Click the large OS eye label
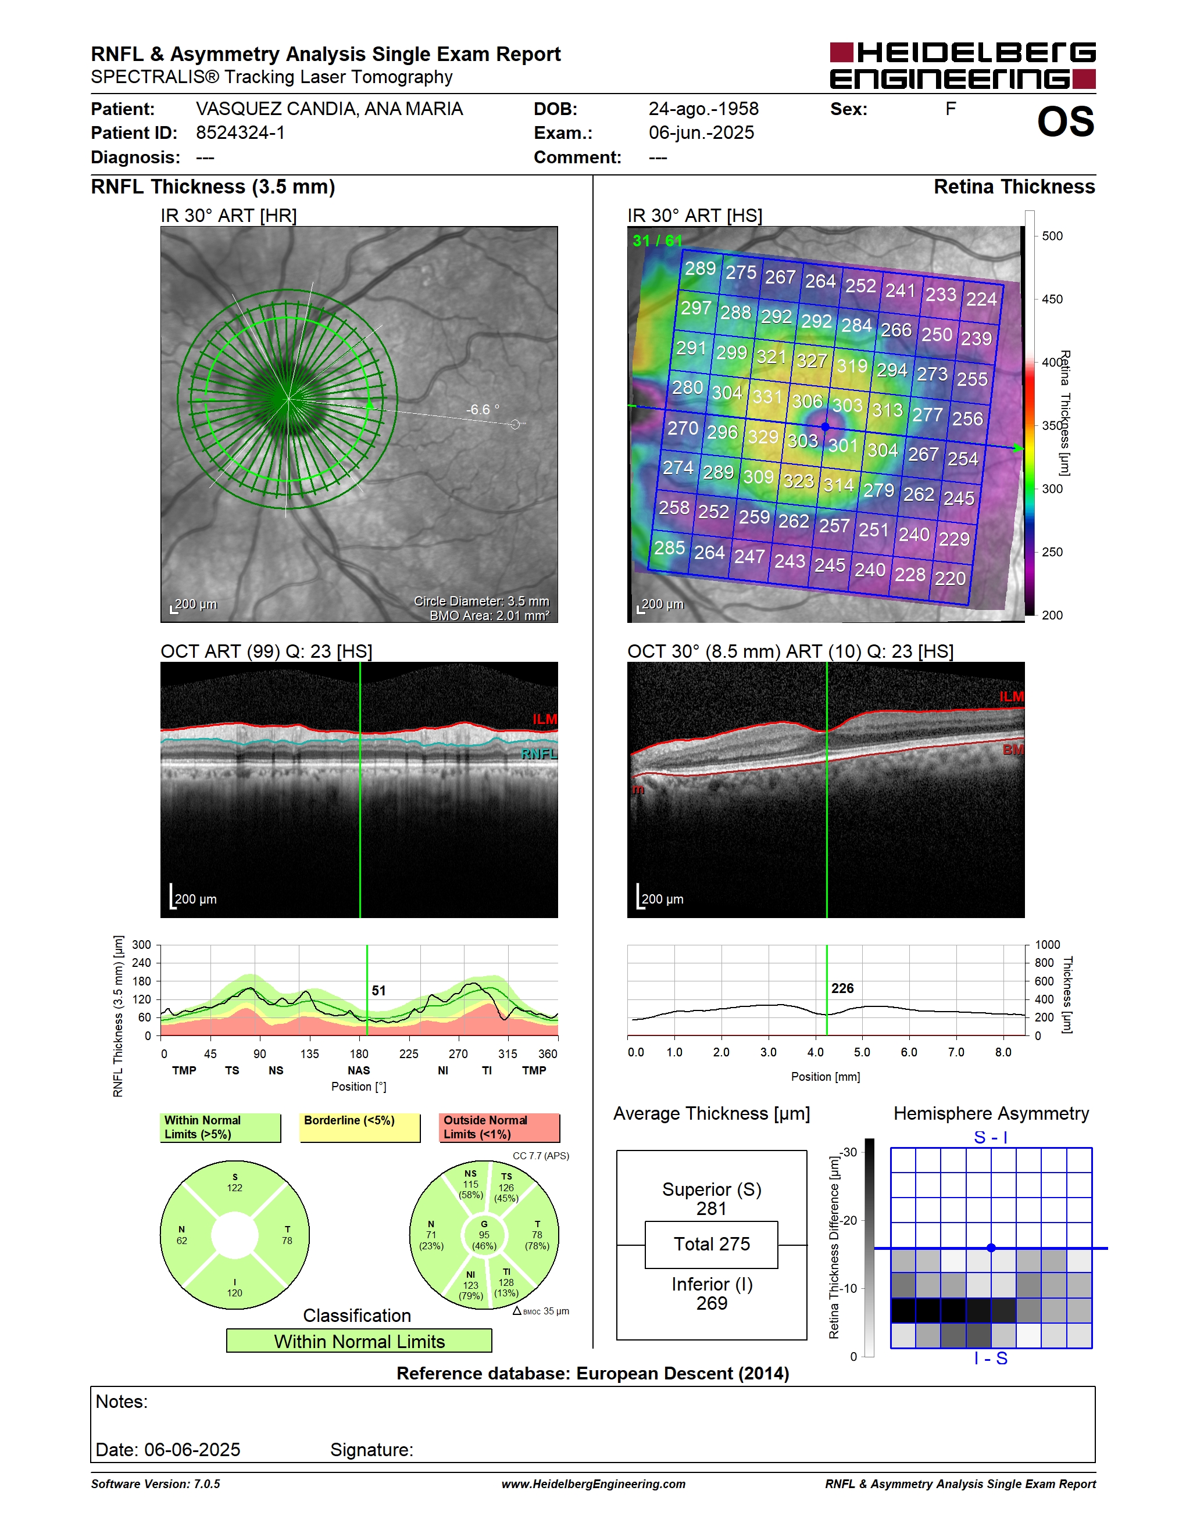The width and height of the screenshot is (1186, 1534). tap(1066, 121)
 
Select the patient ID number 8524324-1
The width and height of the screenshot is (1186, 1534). tap(240, 132)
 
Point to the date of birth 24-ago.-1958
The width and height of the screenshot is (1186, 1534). tap(703, 109)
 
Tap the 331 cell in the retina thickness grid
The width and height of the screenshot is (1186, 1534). tap(767, 397)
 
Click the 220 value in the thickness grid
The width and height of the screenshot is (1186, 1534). tap(950, 578)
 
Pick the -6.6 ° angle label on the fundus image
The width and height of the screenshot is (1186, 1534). tap(483, 410)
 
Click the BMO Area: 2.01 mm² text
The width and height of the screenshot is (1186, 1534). tap(490, 616)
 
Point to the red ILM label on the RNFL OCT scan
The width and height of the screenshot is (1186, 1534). tap(545, 719)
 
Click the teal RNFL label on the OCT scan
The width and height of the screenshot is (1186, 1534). tap(539, 754)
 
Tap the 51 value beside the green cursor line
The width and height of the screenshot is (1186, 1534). tap(378, 990)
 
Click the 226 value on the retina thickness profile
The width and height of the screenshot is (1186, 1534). tap(842, 988)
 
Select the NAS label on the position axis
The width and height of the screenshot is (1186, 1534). tap(358, 1070)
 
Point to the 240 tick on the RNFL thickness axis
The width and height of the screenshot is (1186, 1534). tap(142, 963)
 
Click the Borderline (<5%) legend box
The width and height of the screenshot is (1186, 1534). tap(360, 1127)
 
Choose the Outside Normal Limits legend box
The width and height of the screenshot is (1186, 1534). tap(499, 1127)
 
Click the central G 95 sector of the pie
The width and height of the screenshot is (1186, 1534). tap(484, 1235)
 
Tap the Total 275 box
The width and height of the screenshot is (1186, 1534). tap(711, 1244)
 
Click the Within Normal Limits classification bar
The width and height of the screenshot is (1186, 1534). tap(359, 1341)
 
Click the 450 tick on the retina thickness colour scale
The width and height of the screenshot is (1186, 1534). tap(1052, 299)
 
